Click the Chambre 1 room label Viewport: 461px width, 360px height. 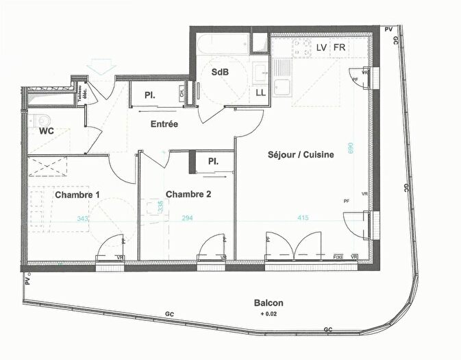[x=77, y=195]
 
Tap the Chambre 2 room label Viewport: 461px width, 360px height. [x=188, y=194]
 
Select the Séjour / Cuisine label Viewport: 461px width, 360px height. [x=301, y=155]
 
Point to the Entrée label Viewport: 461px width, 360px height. [x=164, y=125]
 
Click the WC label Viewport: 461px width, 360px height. [x=47, y=130]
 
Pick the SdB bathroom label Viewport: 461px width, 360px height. [x=220, y=72]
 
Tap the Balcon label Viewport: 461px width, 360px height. [x=269, y=303]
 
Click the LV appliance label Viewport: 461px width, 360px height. [x=321, y=47]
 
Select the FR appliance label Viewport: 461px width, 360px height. [x=339, y=47]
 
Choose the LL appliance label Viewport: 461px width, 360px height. [x=261, y=92]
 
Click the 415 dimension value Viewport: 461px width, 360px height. [x=303, y=218]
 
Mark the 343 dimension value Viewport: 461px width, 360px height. [x=83, y=219]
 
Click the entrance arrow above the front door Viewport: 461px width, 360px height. [x=100, y=66]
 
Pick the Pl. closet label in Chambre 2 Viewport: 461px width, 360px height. [x=213, y=162]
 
